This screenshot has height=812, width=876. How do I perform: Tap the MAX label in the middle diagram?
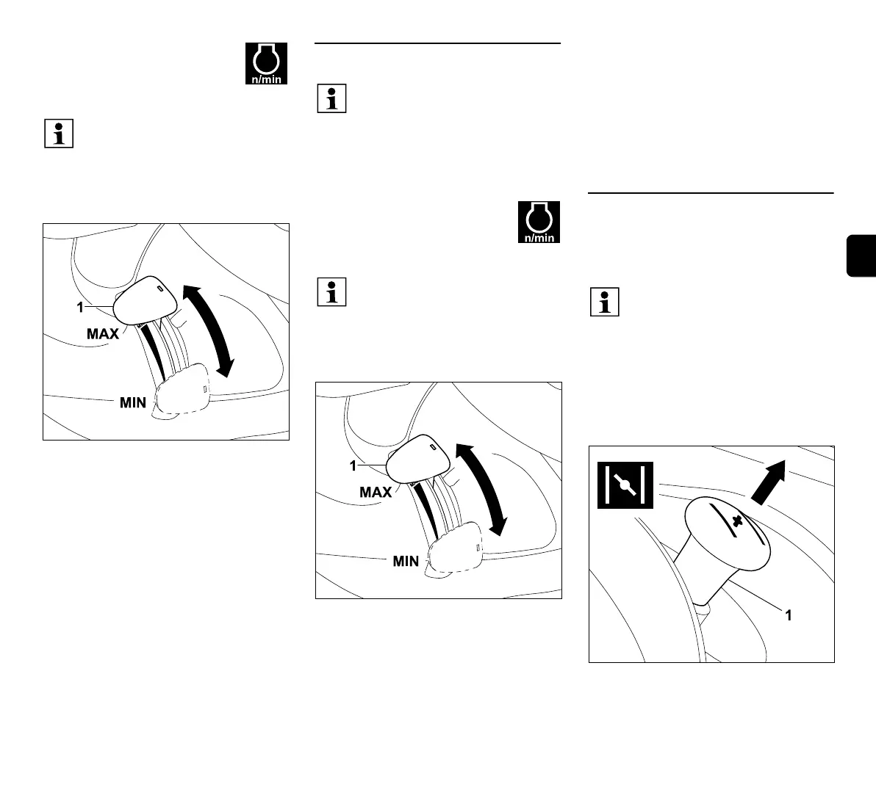(376, 492)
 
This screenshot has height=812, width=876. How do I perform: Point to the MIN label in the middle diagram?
(406, 561)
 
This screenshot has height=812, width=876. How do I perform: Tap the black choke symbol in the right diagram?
(623, 485)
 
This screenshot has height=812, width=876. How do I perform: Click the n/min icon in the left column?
(266, 63)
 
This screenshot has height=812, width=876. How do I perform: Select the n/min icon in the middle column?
(539, 222)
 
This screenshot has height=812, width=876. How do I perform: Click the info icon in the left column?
(59, 134)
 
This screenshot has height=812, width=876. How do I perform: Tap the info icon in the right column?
(605, 302)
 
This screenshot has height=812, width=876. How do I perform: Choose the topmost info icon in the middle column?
(331, 98)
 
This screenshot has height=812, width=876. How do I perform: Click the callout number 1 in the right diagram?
(789, 616)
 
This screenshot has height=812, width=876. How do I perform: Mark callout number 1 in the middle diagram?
(353, 465)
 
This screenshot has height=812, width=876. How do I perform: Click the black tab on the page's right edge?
(861, 255)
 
